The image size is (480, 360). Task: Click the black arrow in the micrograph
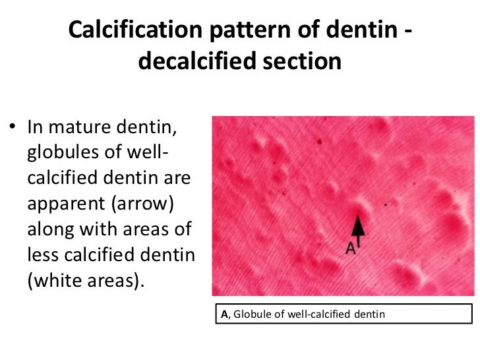click(357, 227)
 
